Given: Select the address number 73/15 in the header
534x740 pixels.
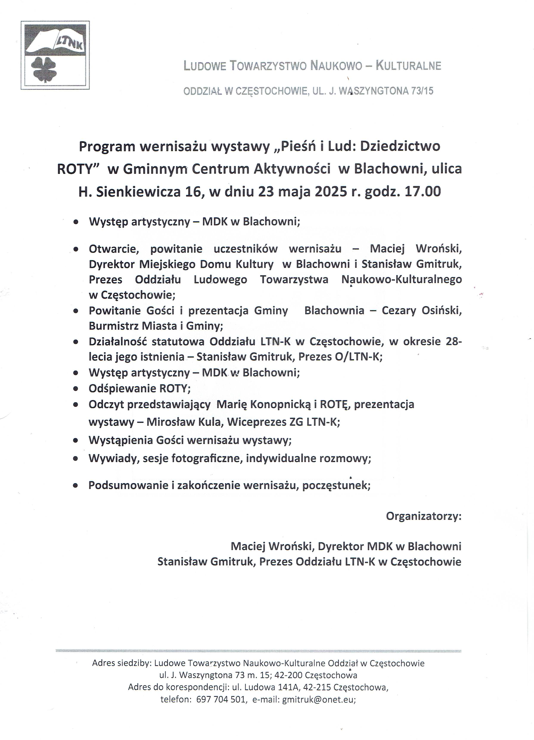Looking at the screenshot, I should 422,91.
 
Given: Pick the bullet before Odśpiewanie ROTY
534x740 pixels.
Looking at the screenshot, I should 76,389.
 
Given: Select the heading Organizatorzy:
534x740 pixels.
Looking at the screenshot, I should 424,516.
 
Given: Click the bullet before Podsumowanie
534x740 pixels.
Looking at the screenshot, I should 76,485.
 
